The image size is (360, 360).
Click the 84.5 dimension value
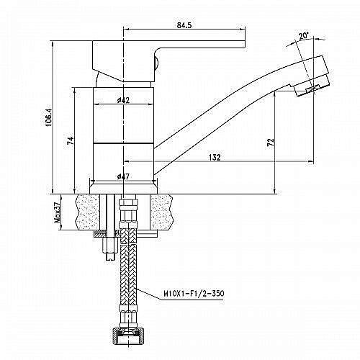point(184,25)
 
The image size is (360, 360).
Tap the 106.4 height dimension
point(48,117)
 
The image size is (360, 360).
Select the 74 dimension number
point(71,140)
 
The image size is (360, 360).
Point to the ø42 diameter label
point(123,100)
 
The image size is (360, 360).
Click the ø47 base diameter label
point(123,177)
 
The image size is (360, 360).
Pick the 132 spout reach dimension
point(215,158)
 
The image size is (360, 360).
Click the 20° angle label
point(303,36)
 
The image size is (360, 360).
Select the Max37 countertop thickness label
point(57,212)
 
